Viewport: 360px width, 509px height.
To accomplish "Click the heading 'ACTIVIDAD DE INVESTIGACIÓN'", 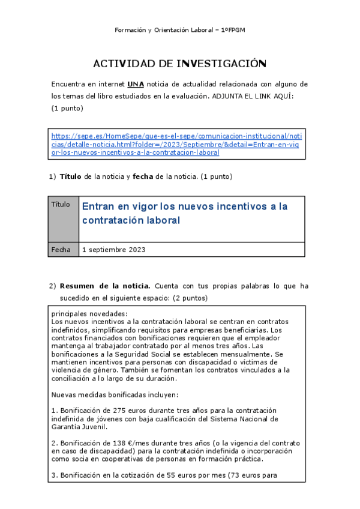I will pos(179,64).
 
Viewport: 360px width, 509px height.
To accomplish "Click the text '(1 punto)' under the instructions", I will pos(67,108).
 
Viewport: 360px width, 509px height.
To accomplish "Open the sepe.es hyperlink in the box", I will pos(176,144).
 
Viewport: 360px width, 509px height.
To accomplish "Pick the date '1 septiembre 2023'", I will pos(113,250).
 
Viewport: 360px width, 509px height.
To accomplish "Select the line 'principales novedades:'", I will pos(89,314).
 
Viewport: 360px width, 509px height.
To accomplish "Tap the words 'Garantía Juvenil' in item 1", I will pos(80,427).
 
